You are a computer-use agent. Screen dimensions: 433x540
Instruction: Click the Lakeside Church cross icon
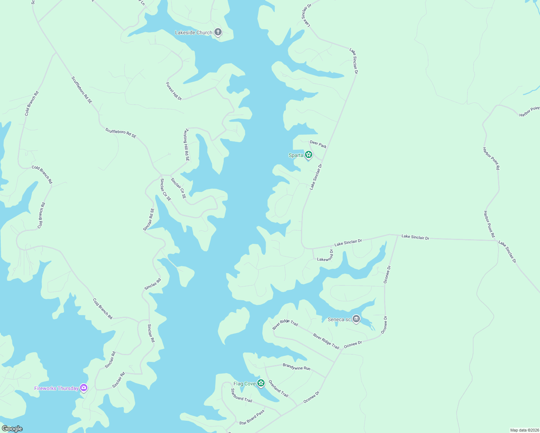[218, 32]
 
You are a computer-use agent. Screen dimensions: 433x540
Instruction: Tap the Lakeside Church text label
[193, 33]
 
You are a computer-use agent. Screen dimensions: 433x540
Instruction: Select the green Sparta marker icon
[308, 155]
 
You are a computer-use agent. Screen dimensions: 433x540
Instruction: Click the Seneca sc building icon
[356, 319]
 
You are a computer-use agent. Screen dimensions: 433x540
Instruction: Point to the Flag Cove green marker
[261, 383]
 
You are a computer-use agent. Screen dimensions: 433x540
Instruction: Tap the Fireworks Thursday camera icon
[84, 388]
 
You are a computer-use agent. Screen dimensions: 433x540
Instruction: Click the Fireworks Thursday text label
[56, 389]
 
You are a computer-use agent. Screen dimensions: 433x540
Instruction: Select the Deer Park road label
[318, 144]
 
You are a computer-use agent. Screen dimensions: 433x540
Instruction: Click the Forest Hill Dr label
[174, 91]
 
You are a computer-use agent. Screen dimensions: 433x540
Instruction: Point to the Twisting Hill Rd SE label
[187, 145]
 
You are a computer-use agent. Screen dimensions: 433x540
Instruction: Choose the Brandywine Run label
[296, 367]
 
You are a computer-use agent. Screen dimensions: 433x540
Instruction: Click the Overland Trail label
[278, 389]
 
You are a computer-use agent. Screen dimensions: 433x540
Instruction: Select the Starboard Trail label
[241, 395]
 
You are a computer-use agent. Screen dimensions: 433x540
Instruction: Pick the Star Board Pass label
[252, 417]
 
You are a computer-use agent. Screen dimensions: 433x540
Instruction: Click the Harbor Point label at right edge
[529, 112]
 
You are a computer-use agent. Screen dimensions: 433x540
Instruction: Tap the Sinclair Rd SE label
[149, 219]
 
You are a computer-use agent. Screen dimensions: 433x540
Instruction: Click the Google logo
[12, 429]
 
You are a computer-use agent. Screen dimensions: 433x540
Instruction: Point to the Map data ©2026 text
[524, 430]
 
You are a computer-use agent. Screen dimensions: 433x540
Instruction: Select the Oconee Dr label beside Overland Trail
[311, 397]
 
